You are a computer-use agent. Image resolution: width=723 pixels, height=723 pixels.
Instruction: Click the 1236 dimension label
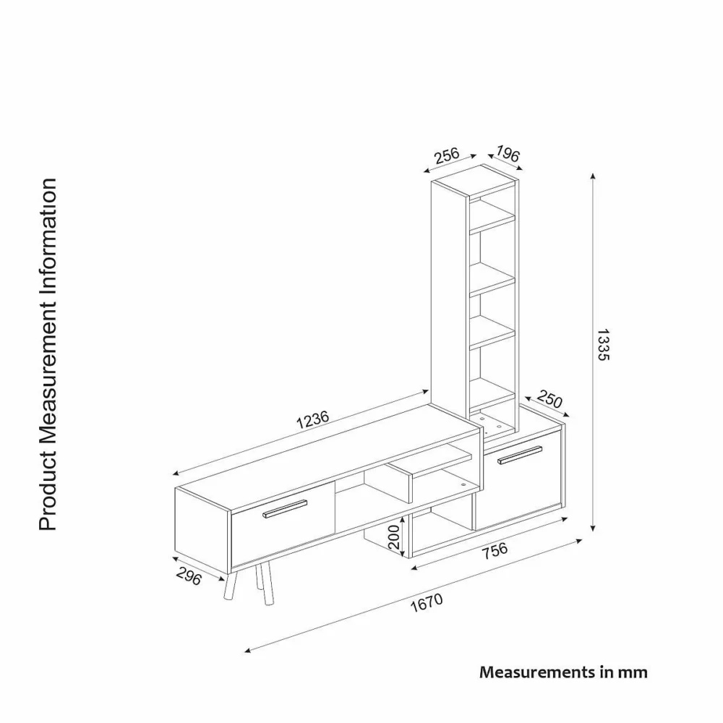[312, 419]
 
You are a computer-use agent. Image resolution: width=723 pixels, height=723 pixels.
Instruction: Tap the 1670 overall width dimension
[427, 603]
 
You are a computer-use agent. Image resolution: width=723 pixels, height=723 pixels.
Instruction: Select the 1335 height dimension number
[603, 344]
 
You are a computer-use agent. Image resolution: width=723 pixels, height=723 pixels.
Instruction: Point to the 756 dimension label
[495, 550]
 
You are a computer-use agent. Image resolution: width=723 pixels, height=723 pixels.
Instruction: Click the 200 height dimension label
[394, 537]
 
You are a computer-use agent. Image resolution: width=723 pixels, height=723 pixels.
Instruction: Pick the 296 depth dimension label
[189, 576]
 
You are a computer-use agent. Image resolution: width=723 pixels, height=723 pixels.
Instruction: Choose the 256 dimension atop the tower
[447, 155]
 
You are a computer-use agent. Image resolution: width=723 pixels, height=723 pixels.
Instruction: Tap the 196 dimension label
[508, 153]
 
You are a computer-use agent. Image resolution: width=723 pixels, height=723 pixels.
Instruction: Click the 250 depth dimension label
[549, 399]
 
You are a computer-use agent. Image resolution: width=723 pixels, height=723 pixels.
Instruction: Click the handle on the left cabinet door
[285, 509]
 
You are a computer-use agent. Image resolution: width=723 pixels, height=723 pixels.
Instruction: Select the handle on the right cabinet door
[520, 455]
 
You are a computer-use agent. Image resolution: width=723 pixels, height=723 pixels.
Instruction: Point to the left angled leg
[231, 586]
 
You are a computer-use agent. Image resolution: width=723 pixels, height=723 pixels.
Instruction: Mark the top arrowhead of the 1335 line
[593, 176]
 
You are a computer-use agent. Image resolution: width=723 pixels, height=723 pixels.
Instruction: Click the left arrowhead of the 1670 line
[247, 651]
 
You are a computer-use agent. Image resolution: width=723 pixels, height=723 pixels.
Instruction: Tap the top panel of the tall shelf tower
[474, 180]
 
